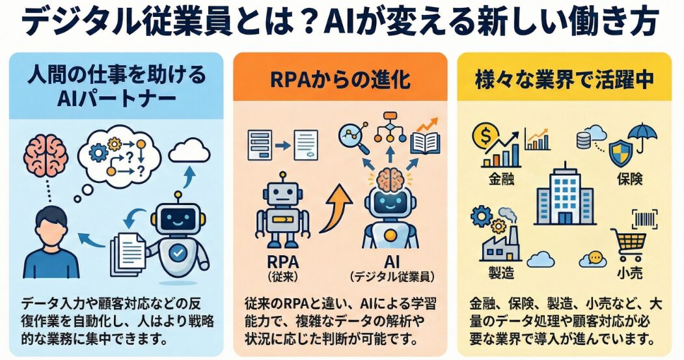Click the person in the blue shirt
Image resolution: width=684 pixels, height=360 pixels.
(50, 241)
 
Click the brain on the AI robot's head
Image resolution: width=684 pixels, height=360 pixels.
(390, 177)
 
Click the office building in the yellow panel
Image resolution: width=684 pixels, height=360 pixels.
(564, 199)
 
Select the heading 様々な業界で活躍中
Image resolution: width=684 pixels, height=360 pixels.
(563, 81)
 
